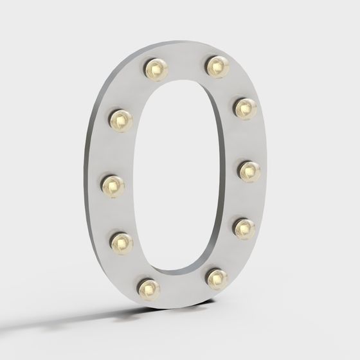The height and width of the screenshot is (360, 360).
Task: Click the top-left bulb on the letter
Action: pos(156,68)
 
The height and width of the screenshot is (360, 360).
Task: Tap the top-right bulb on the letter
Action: pos(218,66)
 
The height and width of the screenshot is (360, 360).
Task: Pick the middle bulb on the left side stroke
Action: pos(113,186)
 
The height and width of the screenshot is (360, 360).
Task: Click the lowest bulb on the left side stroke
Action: pos(122,242)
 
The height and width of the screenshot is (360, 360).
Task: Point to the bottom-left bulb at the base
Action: pos(149,289)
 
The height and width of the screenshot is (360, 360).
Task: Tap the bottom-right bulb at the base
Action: pos(217,278)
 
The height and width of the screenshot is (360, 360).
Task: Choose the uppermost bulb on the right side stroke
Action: pos(245,107)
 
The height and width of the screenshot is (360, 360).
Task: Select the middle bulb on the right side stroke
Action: pos(249,170)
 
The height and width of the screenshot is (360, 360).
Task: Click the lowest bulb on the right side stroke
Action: pos(244,228)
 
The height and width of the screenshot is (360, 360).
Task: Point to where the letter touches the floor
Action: pos(154,307)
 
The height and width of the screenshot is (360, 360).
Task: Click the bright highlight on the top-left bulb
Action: pos(154,65)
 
